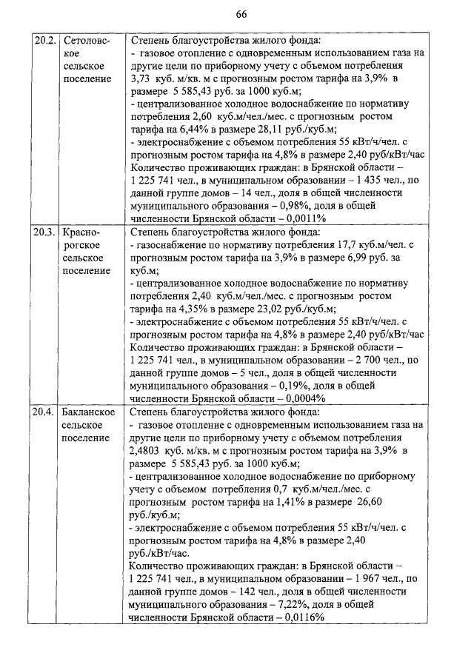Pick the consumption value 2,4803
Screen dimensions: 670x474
pyautogui.click(x=148, y=451)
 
